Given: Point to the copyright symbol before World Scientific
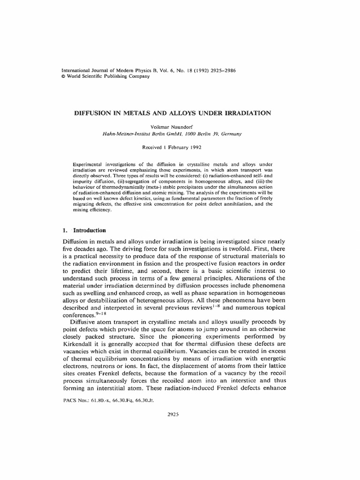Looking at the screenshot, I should coord(64,76).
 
